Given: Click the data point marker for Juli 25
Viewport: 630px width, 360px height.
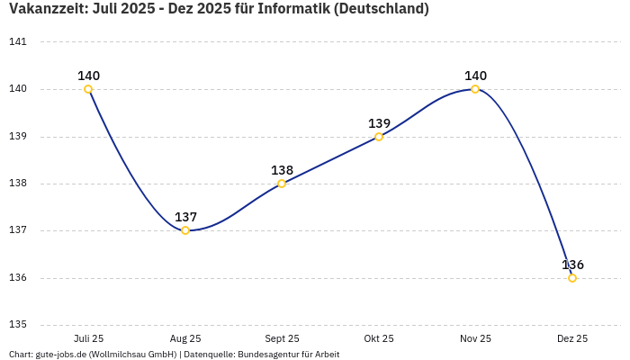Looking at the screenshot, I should pos(88,89).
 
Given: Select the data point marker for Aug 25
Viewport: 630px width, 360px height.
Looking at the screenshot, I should pos(185,230).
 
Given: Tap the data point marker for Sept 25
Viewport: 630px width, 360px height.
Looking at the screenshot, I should pos(282,184).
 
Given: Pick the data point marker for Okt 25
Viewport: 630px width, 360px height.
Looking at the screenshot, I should pos(379,137).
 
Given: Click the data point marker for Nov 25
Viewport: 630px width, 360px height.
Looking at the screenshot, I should pos(475,89).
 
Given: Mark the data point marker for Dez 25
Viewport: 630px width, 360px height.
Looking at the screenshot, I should pos(572,278).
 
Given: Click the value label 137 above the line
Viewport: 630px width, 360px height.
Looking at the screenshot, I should pos(185,217).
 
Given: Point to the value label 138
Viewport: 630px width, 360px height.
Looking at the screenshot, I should pos(282,170).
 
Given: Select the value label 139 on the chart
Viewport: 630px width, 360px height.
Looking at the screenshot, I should pos(379,123).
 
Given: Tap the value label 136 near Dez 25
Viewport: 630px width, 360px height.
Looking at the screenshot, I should pos(572,265).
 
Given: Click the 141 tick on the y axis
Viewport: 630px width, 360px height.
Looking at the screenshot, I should pos(18,42).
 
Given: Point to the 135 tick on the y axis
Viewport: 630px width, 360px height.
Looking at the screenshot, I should pos(18,325).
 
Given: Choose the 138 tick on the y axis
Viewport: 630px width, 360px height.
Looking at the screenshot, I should pos(18,184).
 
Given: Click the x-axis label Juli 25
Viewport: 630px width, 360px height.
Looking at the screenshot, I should pos(88,338).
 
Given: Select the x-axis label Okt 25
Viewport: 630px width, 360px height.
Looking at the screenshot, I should pos(379,338).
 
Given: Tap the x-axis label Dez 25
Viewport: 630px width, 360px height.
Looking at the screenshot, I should pos(572,338).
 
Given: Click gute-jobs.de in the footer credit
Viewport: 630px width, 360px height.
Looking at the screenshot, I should pos(61,355).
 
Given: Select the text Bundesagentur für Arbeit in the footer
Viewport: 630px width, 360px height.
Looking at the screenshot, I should pos(288,355).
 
